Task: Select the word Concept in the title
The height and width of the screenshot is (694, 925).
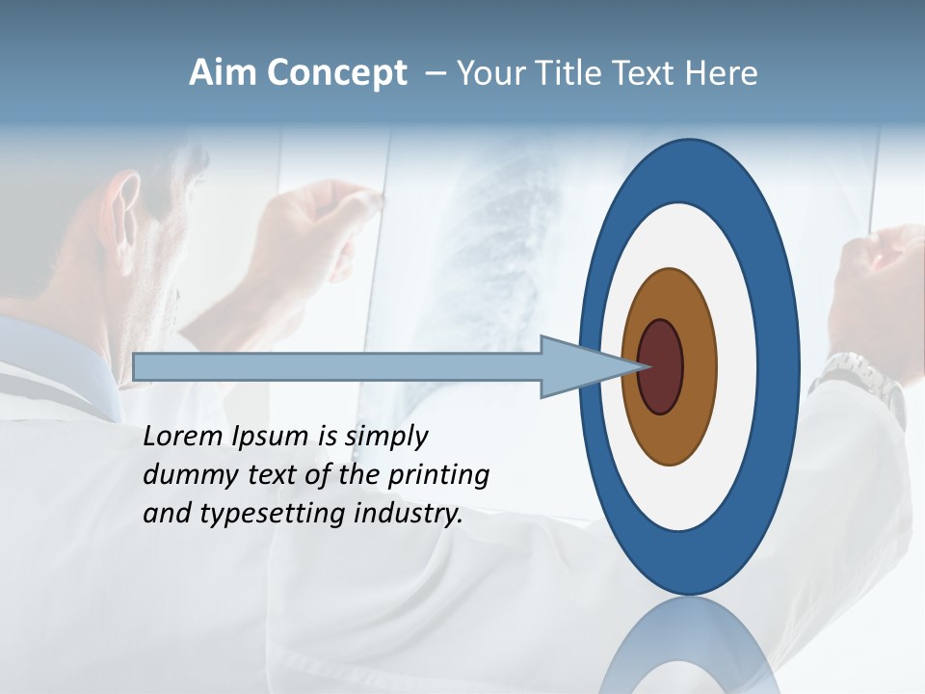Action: coord(336,73)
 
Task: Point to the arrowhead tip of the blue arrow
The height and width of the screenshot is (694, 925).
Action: coord(643,366)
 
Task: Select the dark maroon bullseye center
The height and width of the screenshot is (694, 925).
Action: coord(661,366)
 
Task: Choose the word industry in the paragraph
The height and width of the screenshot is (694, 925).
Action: coord(408,513)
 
